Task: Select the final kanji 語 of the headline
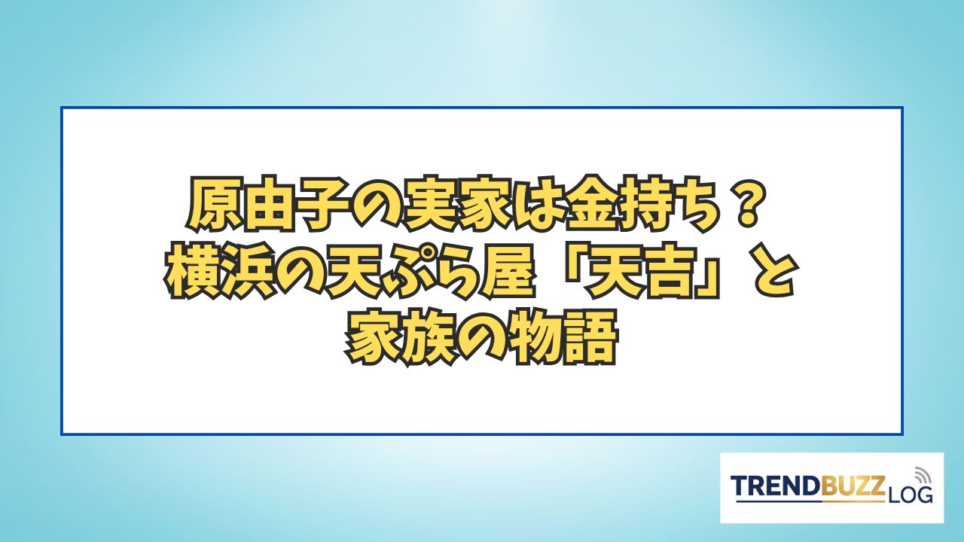click(x=587, y=339)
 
